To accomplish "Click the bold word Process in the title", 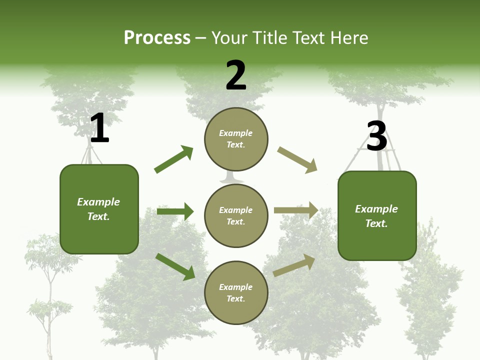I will [x=157, y=38].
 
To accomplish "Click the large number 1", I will [x=99, y=128].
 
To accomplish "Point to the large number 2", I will [x=236, y=75].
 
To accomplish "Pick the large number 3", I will [x=377, y=136].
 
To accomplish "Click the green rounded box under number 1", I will [x=99, y=209].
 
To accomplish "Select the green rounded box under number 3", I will [x=377, y=215].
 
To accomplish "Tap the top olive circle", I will [x=236, y=139].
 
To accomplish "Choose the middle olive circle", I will [x=236, y=215].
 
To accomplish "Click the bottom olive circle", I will [x=236, y=292].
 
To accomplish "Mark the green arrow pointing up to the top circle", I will [x=173, y=159].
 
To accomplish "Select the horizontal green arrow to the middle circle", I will [x=175, y=211].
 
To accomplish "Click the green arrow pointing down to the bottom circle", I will [x=175, y=266].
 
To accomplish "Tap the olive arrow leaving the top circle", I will [x=297, y=159].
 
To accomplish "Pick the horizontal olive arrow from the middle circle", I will [x=296, y=210].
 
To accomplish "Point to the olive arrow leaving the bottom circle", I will [x=294, y=265].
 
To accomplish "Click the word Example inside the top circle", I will [x=236, y=133].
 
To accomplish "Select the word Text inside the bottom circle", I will [x=235, y=298].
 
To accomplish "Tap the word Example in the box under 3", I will [x=376, y=209].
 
